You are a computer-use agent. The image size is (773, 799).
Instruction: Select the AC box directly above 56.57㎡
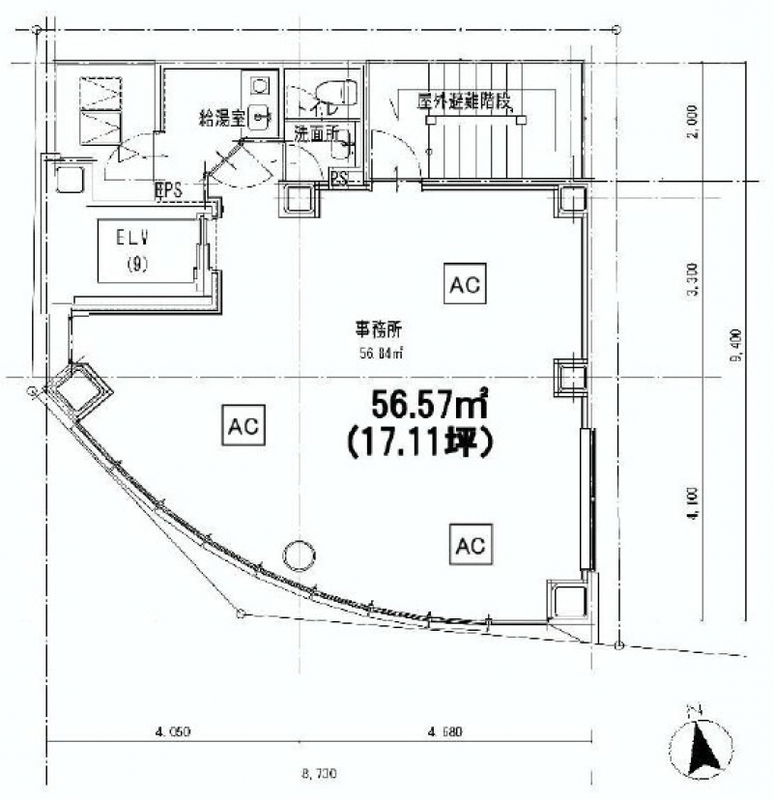point(465,284)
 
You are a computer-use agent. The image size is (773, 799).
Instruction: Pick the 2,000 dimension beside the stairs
point(693,123)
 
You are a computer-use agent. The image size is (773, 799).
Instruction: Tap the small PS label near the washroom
point(339,178)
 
